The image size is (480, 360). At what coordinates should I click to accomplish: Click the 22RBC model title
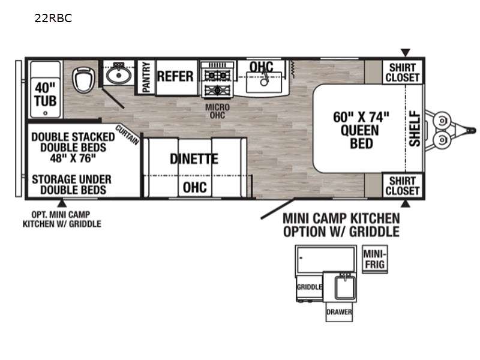[53, 18]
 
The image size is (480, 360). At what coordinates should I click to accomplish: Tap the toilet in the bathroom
[83, 80]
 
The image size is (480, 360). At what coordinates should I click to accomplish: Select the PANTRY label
[146, 77]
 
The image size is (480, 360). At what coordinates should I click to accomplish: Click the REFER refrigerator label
[175, 77]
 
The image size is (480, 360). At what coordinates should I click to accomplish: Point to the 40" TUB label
[46, 94]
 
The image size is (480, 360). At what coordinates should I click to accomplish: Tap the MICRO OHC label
[217, 112]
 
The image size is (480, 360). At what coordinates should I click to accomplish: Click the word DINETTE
[194, 159]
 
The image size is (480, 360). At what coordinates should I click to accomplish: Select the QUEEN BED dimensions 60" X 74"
[361, 117]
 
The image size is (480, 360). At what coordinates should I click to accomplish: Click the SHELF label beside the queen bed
[415, 128]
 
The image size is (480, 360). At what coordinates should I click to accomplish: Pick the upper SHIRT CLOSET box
[402, 72]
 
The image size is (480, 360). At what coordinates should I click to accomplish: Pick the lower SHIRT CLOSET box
[402, 186]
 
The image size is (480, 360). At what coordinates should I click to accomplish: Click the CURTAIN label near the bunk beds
[127, 134]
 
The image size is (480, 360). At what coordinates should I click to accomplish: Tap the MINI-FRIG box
[374, 259]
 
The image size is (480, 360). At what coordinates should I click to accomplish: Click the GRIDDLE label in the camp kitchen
[309, 287]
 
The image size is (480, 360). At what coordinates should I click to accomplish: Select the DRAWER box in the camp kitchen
[339, 312]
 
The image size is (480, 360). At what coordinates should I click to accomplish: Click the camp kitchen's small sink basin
[344, 287]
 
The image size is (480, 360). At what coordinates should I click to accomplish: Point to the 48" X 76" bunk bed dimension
[73, 158]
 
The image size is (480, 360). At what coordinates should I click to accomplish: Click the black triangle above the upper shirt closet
[406, 52]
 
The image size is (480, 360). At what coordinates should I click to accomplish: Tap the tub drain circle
[46, 113]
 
